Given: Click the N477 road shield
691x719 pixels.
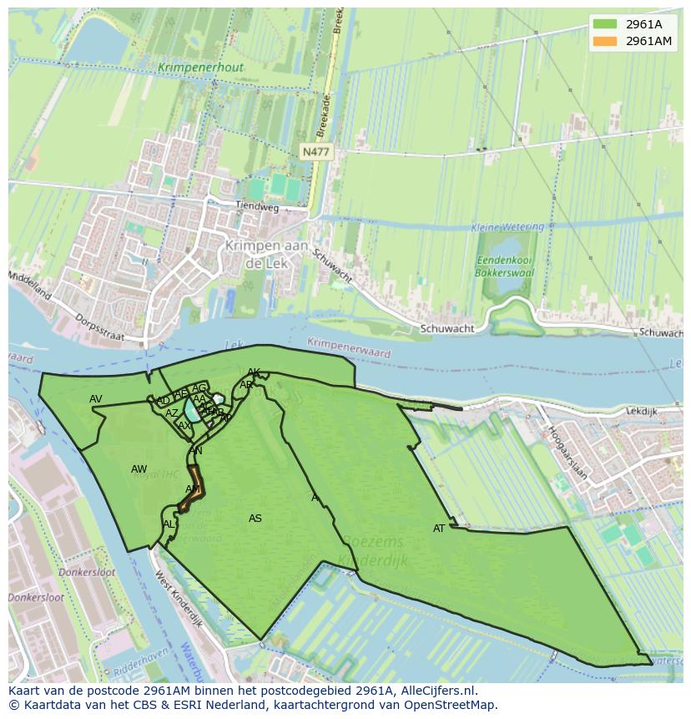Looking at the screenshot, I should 315,151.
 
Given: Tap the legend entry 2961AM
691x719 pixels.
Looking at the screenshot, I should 648,41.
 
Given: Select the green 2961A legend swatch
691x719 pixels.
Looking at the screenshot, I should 605,23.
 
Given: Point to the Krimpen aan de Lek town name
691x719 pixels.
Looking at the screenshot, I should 266,254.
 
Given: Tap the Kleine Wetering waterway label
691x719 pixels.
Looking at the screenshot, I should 507,227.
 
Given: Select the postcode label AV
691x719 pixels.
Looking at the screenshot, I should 96,399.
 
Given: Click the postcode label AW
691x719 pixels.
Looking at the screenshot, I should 139,469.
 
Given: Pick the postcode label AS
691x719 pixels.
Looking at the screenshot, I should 255,519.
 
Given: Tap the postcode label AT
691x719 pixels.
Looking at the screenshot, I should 439,529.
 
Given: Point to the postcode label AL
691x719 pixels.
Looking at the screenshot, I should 169,524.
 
